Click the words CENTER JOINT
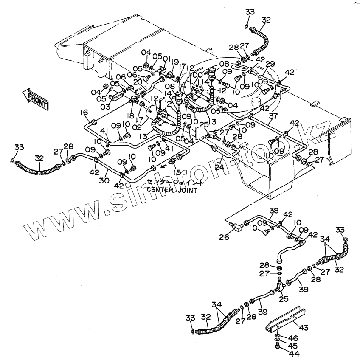[172, 190]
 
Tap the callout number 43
[305, 328]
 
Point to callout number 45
[293, 346]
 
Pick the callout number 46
[293, 338]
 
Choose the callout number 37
[273, 117]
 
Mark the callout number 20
[137, 82]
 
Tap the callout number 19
[175, 62]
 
